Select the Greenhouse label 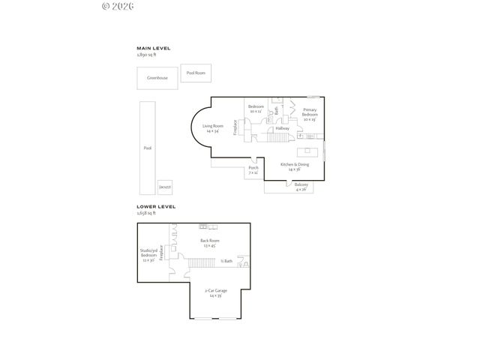[x=157, y=78]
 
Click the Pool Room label [x=196, y=73]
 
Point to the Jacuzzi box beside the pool [x=164, y=187]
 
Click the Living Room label [x=213, y=128]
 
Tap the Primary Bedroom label [x=310, y=115]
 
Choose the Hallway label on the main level [x=283, y=128]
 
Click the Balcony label [x=301, y=187]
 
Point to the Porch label [x=253, y=169]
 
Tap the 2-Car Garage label [x=214, y=293]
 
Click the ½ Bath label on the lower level [x=227, y=261]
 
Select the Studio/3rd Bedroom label [x=148, y=256]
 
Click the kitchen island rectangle [x=307, y=150]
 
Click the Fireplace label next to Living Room [x=235, y=127]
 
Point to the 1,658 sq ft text [x=148, y=213]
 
